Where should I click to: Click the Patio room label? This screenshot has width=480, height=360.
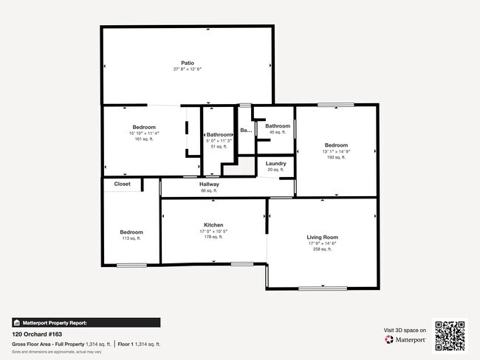pos(188,63)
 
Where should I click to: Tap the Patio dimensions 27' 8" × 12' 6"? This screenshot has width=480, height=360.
pos(188,69)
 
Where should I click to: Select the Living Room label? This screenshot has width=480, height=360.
pos(322,238)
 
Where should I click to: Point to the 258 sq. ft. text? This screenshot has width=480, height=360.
pos(322,249)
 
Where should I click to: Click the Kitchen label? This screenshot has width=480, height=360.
pos(213,225)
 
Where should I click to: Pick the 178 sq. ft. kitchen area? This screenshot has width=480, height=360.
pos(213,237)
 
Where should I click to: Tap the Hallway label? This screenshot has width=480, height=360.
pos(210,184)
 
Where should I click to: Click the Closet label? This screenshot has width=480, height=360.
pos(122,184)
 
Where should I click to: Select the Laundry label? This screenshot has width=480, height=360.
pos(276,163)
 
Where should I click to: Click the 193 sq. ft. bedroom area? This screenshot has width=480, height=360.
pos(336,157)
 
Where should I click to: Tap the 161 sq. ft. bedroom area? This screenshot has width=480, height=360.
pos(144,139)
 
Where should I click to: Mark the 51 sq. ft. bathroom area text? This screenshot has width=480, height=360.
pos(219,147)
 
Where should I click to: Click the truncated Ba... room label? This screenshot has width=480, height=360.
pos(246,130)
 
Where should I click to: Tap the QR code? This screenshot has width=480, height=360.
pos(450,336)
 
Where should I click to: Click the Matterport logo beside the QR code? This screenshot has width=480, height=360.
pos(404,340)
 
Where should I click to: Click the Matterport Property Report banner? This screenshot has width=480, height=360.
pos(86,322)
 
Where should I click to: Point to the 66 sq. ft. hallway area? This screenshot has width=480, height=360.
pos(210,191)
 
